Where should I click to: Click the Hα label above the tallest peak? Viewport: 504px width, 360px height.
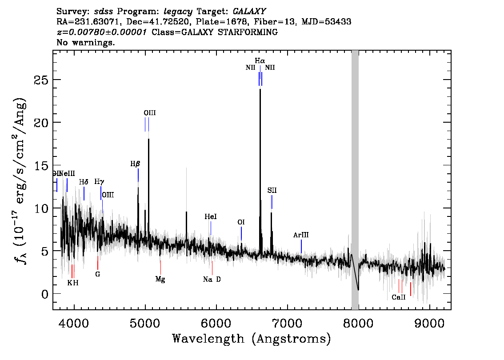(x=260, y=60)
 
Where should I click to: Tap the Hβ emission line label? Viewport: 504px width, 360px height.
(x=135, y=164)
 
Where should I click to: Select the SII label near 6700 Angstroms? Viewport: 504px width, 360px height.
(x=272, y=190)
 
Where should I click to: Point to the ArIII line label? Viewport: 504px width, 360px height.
(x=301, y=235)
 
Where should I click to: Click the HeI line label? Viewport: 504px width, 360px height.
(x=211, y=216)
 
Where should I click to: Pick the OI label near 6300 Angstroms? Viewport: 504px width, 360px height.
(x=241, y=222)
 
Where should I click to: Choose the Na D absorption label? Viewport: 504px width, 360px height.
(x=212, y=280)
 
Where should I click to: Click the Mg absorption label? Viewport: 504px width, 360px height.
(x=160, y=280)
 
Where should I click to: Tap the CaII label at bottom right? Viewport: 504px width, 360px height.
(x=398, y=297)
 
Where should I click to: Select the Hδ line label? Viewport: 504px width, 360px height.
(x=84, y=182)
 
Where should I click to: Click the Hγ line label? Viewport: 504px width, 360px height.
(x=99, y=182)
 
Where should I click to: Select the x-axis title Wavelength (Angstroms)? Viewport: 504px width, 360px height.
(x=251, y=339)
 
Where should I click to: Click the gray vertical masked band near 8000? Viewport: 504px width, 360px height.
(x=355, y=178)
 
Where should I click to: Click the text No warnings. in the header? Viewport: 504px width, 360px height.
(x=86, y=43)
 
